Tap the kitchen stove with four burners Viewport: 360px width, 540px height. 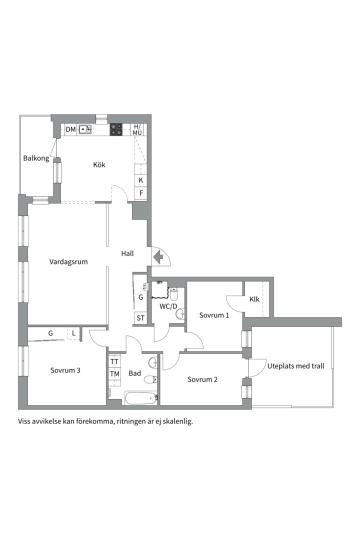point(116,129)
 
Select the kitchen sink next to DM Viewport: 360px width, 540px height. point(84,129)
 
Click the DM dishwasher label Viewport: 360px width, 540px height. point(70,130)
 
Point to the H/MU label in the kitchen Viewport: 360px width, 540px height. point(137,129)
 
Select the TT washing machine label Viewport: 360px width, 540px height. point(114,361)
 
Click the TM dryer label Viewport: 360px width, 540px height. point(114,374)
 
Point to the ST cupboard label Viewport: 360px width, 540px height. point(140,318)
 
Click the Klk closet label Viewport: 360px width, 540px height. point(254,299)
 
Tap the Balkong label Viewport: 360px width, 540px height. point(36,159)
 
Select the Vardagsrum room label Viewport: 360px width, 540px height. point(68,261)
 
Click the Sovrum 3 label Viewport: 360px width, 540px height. point(65,370)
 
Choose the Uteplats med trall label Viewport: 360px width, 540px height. point(296,366)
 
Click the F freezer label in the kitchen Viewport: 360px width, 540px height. point(141,193)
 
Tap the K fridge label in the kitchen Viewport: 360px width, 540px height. point(141,180)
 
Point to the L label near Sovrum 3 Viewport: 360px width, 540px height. point(73,333)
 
